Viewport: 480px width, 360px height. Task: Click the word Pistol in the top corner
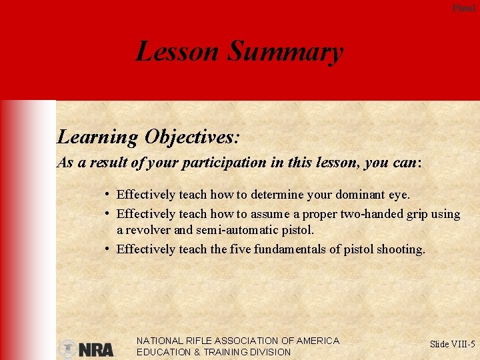tap(464, 8)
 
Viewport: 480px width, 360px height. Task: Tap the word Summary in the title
tap(285, 51)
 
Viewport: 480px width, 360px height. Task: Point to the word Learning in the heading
tap(97, 137)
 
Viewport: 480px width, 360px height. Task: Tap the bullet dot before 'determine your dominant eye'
tap(107, 194)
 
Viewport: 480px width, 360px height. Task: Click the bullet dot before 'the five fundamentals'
tap(107, 249)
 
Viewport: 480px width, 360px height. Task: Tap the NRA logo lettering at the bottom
tap(96, 349)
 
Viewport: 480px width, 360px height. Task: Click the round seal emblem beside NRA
tap(67, 349)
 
